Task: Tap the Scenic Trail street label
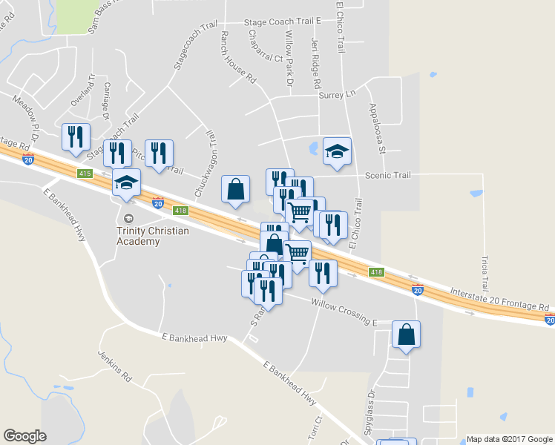click(387, 175)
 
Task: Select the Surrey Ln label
click(337, 95)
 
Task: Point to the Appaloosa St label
click(377, 128)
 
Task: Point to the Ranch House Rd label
click(237, 56)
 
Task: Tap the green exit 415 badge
click(84, 174)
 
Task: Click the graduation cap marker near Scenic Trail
click(337, 152)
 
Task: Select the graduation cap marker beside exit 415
click(126, 182)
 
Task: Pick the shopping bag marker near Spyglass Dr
click(407, 335)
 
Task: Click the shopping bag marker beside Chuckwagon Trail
click(235, 189)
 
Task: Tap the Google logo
click(24, 436)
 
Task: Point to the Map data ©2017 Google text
click(509, 439)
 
